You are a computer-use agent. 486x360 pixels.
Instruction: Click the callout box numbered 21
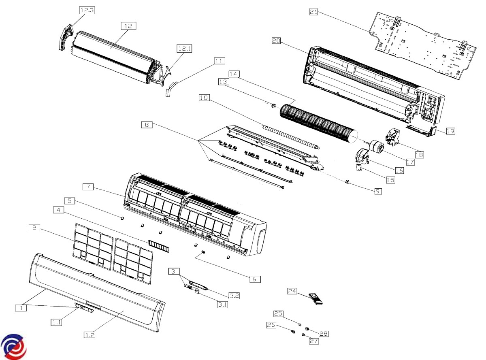tap(313, 12)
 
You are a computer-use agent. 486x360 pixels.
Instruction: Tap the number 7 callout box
tap(88, 187)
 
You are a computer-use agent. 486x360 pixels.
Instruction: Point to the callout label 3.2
tap(233, 296)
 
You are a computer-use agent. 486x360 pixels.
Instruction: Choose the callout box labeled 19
tap(451, 131)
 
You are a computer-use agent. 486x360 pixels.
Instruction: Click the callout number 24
tap(292, 291)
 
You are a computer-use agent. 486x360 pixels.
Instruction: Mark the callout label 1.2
tap(90, 335)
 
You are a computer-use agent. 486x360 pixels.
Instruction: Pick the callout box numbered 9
tap(378, 191)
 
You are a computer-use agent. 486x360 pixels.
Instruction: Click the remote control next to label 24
tap(316, 299)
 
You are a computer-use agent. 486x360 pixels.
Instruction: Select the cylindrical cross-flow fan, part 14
tap(318, 121)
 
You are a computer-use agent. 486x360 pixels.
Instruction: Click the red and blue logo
tap(13, 347)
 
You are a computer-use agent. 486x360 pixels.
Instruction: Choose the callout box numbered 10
tap(205, 98)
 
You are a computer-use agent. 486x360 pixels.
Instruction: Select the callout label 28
tap(323, 334)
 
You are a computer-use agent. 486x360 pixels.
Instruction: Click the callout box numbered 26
tap(271, 325)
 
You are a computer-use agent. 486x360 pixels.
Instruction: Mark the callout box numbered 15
tap(390, 180)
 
